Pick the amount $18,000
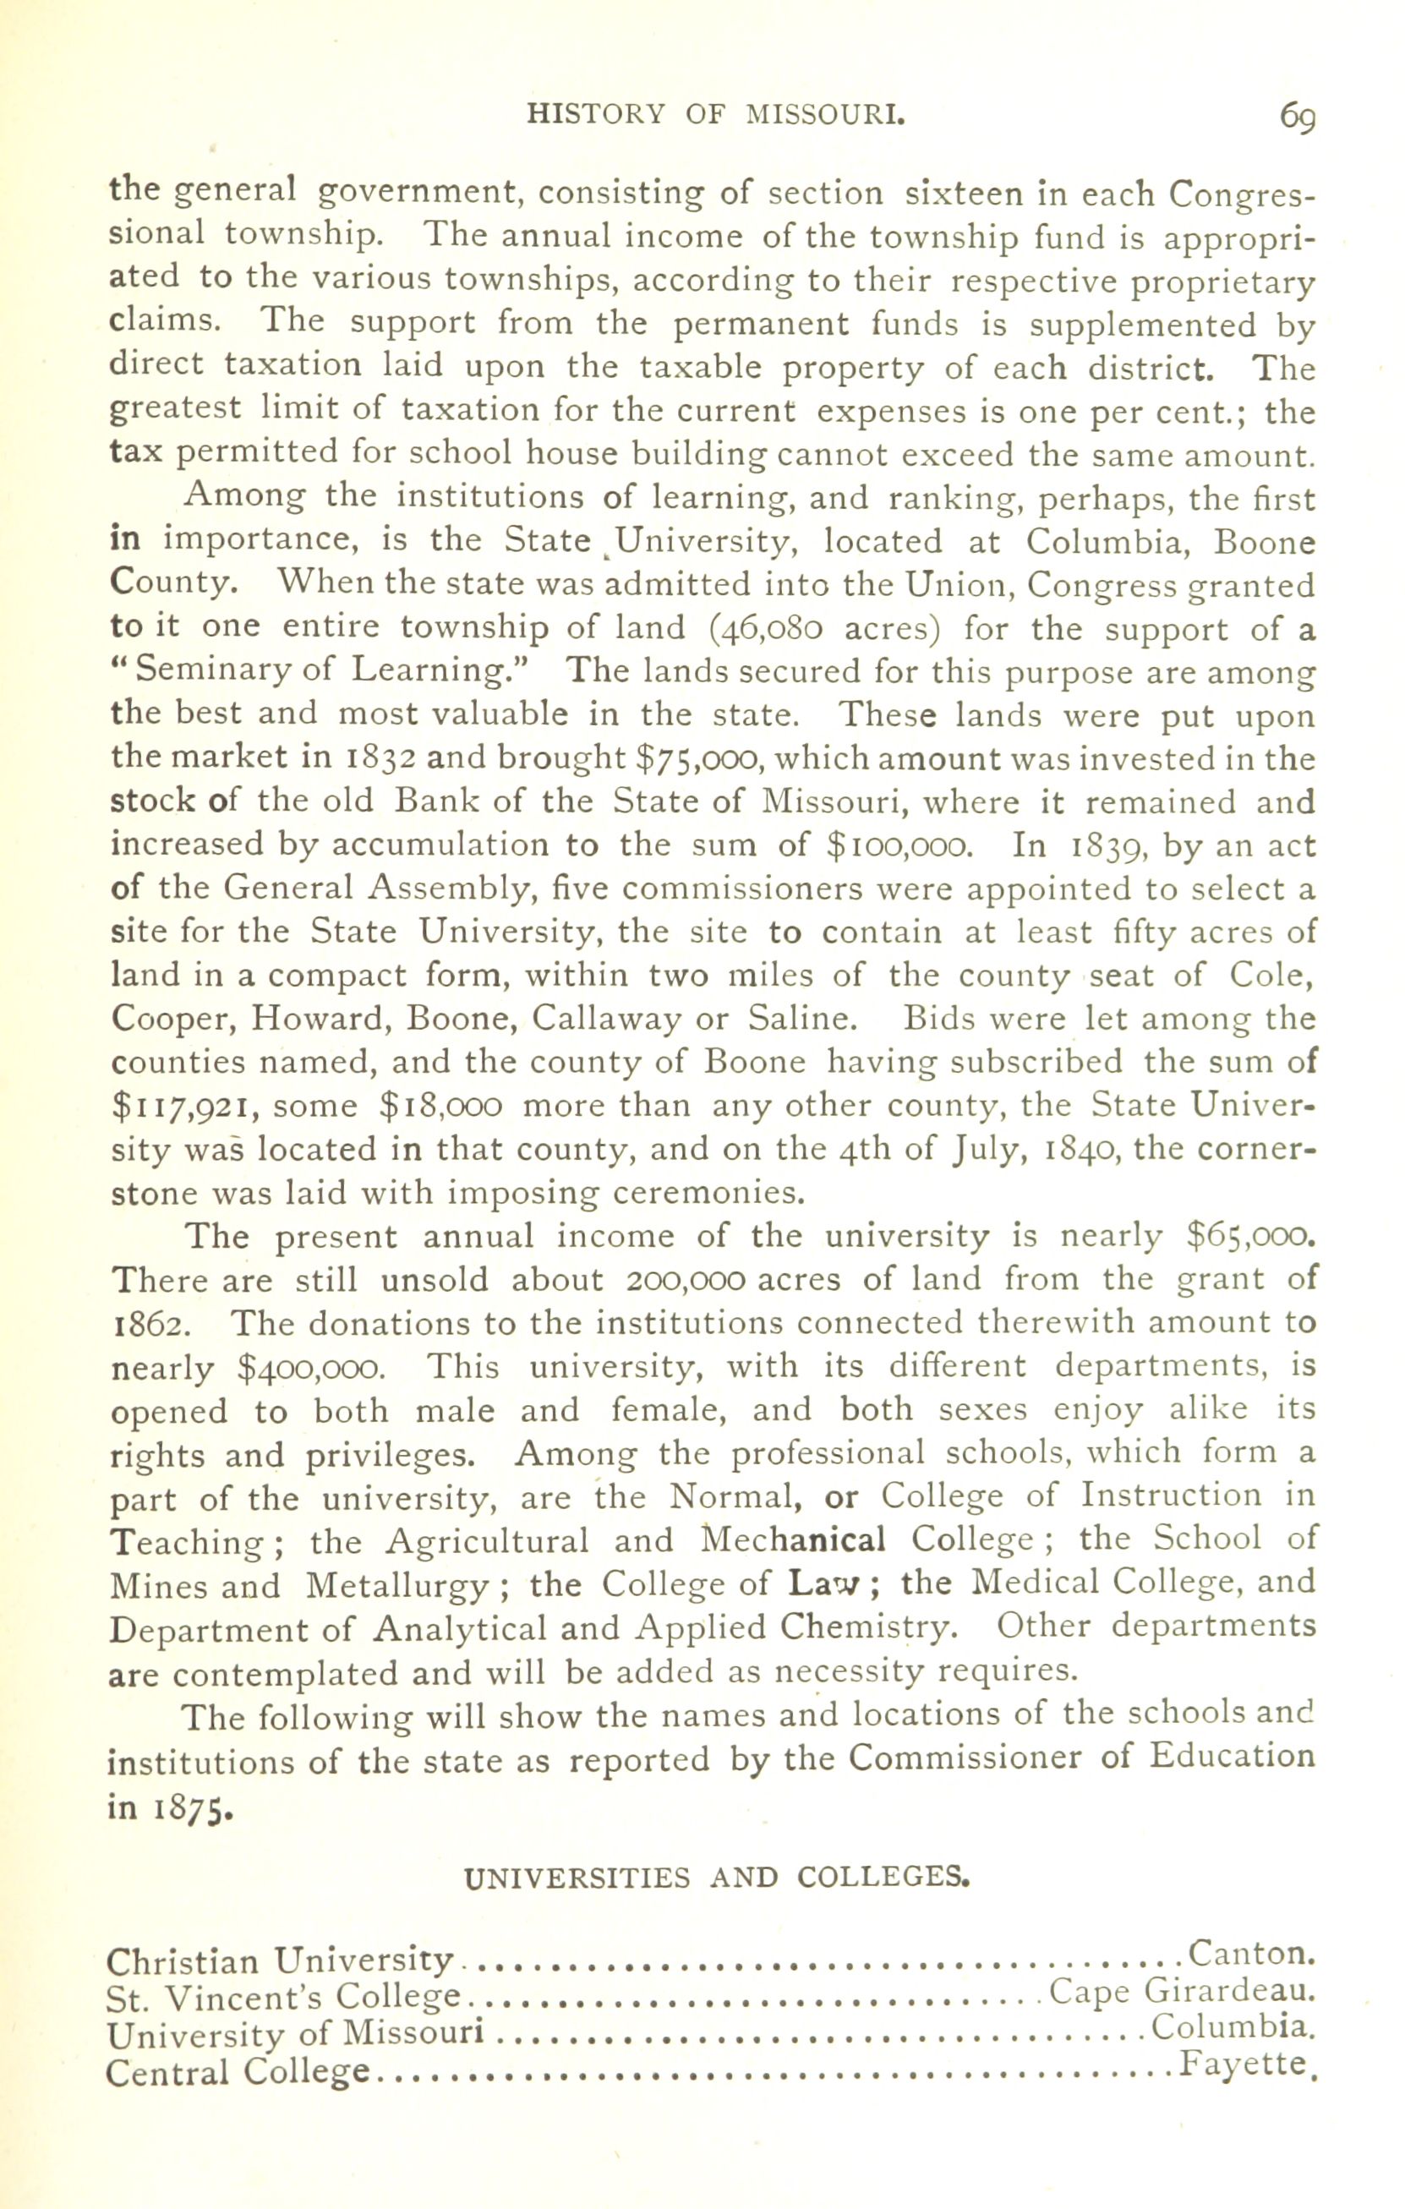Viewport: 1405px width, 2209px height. [x=440, y=1107]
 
